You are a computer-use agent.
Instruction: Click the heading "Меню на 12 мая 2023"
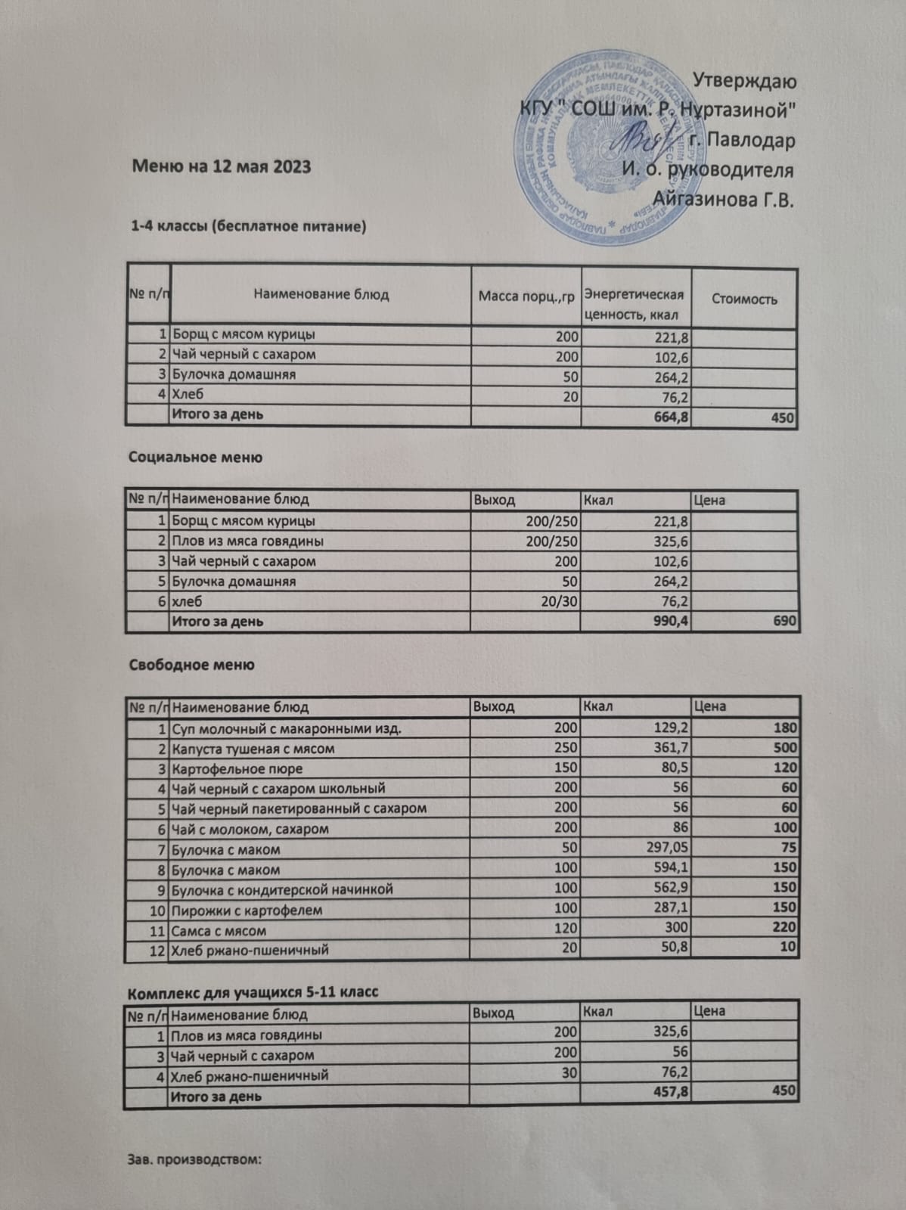(x=222, y=166)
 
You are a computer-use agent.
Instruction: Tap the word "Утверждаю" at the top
(x=744, y=81)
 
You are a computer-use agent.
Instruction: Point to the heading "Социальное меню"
(x=195, y=457)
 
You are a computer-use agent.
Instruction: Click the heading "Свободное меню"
(x=191, y=665)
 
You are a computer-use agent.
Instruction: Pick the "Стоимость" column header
(x=744, y=299)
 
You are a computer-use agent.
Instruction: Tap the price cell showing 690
(x=784, y=622)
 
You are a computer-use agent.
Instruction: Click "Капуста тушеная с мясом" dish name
(x=253, y=749)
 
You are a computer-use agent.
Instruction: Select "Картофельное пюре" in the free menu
(x=237, y=769)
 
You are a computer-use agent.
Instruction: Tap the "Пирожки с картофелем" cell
(x=247, y=910)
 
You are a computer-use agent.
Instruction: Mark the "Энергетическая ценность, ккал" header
(x=635, y=304)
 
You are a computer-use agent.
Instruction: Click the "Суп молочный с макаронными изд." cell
(x=287, y=729)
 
